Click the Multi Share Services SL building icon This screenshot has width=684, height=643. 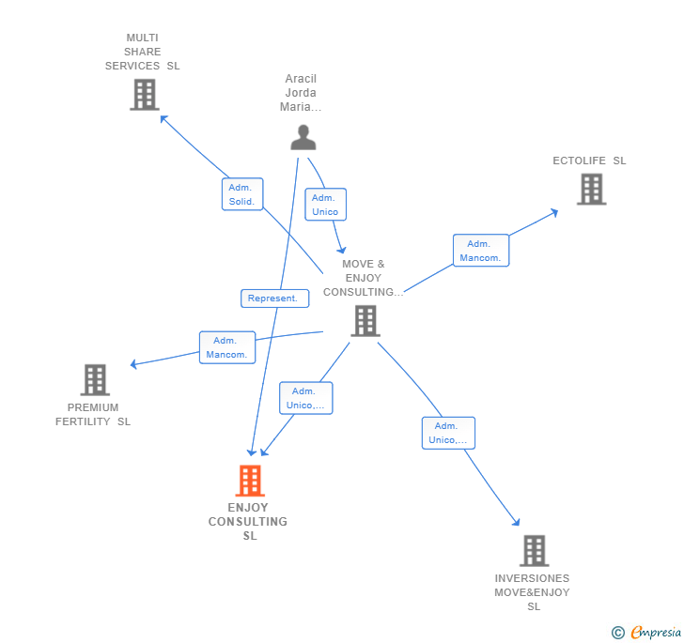tap(144, 95)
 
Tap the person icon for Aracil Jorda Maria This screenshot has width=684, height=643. tap(303, 137)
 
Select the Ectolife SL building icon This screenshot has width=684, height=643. tap(591, 189)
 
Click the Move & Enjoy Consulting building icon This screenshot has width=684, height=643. tap(365, 321)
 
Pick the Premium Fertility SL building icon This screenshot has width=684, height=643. tap(95, 379)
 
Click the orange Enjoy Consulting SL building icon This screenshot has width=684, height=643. tap(249, 481)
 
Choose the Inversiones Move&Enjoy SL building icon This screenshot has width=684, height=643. tap(534, 551)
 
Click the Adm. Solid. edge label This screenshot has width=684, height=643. tap(241, 194)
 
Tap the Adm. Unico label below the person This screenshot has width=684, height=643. tap(325, 205)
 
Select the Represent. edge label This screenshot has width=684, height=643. tap(273, 299)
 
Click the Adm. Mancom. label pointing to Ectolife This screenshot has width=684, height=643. tap(481, 251)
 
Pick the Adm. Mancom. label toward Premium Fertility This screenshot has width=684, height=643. tap(227, 347)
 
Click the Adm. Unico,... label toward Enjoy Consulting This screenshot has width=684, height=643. tap(305, 398)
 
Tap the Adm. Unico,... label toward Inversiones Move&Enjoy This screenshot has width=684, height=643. tap(448, 433)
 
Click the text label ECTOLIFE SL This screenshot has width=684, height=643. tap(589, 161)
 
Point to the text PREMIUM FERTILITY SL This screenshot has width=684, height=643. tap(93, 414)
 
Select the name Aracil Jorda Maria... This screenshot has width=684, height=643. tap(301, 93)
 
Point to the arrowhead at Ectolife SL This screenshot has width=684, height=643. tap(555, 211)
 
